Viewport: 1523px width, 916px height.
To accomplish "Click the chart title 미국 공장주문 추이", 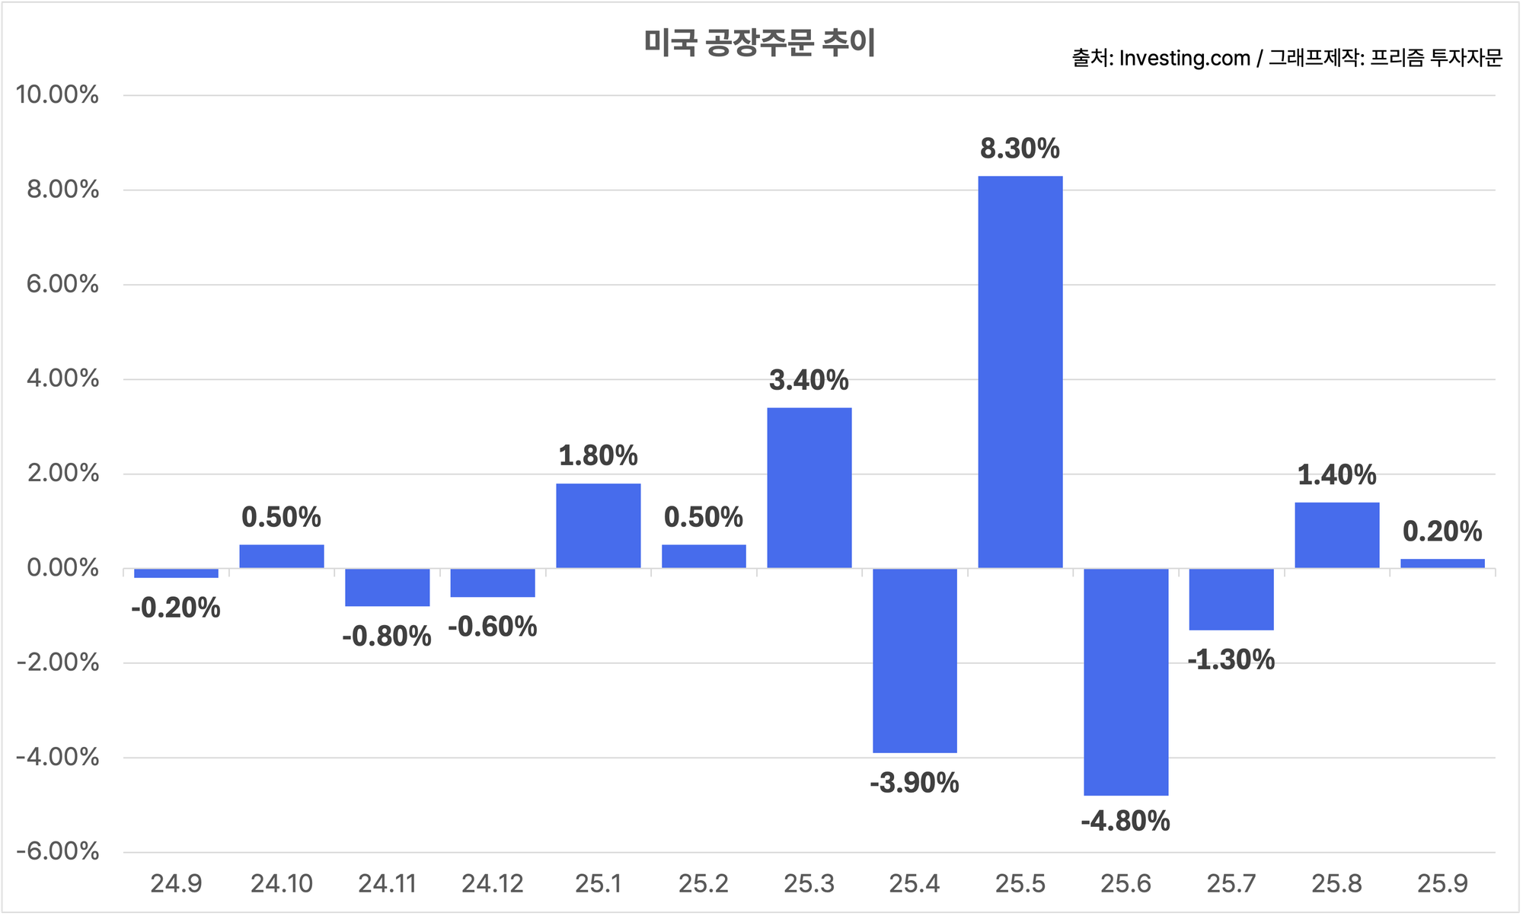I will tap(759, 43).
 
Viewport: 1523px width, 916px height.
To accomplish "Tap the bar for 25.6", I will tap(1125, 681).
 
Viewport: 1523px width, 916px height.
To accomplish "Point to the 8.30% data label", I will tap(1020, 149).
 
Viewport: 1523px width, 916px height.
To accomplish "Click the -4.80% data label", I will tap(1125, 822).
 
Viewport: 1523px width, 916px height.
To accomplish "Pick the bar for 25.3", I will tap(809, 487).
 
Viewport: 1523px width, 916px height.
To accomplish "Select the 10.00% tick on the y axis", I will tap(58, 95).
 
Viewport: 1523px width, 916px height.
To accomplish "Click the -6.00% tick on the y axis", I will tap(58, 851).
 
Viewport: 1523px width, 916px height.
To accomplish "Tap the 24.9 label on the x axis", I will tap(176, 884).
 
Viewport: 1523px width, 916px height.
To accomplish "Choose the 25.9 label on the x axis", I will tap(1442, 884).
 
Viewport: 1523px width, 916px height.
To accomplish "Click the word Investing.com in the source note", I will tap(1184, 59).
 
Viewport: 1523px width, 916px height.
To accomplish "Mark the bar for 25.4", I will tap(915, 660).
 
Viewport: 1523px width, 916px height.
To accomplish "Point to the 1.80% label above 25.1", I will tap(598, 456).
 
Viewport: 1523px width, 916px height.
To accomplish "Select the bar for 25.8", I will tap(1336, 535).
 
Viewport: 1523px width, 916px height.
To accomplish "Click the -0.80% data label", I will tap(387, 637).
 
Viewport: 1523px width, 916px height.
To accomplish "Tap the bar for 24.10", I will tap(282, 556).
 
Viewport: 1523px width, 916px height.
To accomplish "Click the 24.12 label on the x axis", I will tap(493, 884).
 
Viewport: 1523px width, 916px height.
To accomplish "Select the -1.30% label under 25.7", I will tap(1231, 660).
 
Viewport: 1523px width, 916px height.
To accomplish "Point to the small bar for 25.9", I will tap(1442, 563).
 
